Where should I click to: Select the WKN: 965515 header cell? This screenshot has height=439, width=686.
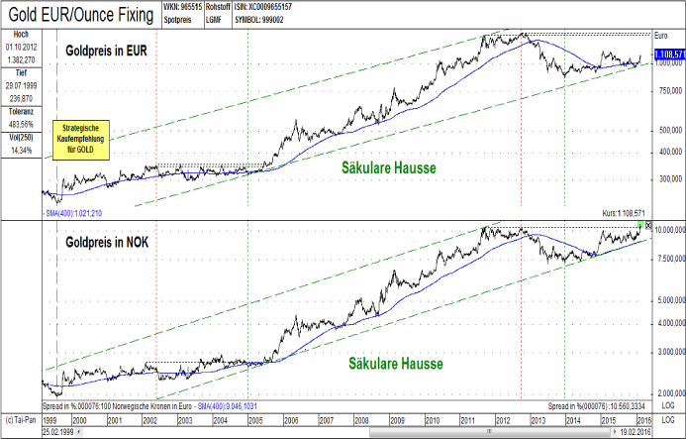[x=182, y=7]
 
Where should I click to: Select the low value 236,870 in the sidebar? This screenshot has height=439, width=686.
[x=20, y=98]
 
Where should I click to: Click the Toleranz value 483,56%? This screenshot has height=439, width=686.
[x=20, y=125]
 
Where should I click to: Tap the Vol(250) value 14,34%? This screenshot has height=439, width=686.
[x=20, y=151]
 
